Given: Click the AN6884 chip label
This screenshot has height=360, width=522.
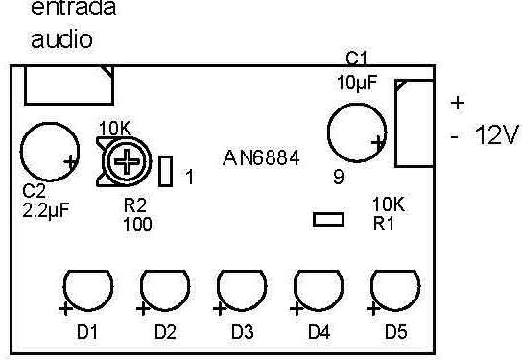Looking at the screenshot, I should tap(260, 156).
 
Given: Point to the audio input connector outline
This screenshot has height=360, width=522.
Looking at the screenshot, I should tap(68, 85).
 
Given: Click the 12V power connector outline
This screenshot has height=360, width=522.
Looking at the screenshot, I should tap(414, 123).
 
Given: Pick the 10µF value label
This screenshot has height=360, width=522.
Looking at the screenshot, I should tap(357, 83).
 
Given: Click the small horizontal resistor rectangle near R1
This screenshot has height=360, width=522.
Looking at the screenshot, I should tap(328, 220).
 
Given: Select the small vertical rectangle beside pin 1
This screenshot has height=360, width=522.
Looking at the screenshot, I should tap(165, 172).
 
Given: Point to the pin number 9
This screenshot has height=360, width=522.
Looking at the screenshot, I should tap(339, 176).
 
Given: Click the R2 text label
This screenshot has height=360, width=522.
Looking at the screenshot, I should tap(135, 205).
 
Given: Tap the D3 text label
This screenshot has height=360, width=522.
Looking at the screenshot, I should tap(242, 333).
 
